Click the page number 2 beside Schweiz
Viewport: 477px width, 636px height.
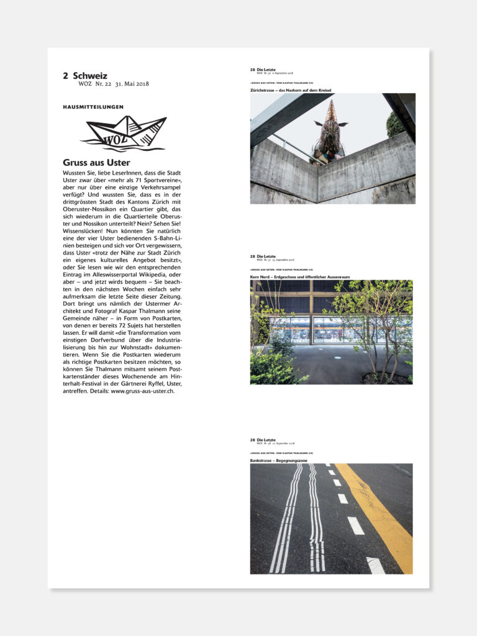coord(65,76)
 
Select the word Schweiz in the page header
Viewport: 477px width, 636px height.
coord(90,76)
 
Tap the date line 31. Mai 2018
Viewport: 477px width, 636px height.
coord(132,84)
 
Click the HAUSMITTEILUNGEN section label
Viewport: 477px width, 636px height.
coord(93,107)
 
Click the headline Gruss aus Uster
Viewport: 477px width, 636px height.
coord(96,163)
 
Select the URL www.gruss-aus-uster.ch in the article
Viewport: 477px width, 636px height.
coord(142,391)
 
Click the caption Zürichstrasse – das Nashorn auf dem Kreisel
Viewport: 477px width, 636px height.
coord(290,90)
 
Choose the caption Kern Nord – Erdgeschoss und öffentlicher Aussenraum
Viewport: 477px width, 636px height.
coord(300,276)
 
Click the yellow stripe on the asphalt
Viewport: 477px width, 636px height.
coord(379,516)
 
